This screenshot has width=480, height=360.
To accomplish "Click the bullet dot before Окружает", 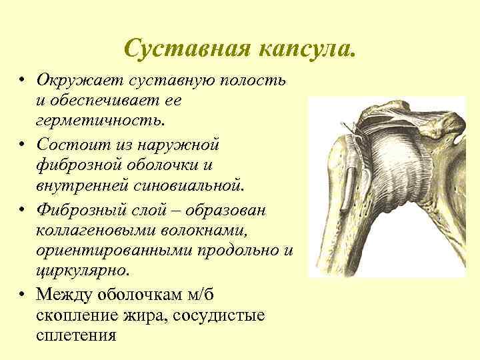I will (22, 81).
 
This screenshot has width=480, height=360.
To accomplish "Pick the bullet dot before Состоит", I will (22, 145).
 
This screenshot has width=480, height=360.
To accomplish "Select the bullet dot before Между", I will (22, 295).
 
